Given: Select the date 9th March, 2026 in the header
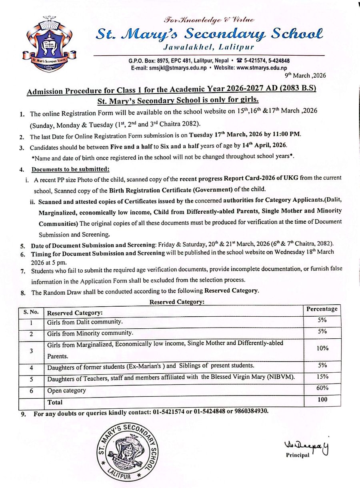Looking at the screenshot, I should [x=305, y=75].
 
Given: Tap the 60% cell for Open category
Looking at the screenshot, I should [x=322, y=388].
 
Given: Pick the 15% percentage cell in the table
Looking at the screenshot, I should [x=322, y=376].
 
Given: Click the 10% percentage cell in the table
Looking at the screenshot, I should [x=322, y=348].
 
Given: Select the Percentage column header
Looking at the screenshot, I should [x=322, y=309].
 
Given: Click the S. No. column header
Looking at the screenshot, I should [x=31, y=311].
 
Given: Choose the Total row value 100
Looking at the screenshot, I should [x=322, y=399].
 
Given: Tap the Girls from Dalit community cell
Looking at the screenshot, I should [x=85, y=322].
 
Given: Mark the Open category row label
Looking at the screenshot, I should [x=66, y=390].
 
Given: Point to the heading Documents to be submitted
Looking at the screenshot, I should [x=70, y=169].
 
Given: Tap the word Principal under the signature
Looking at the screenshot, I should [x=297, y=455].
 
